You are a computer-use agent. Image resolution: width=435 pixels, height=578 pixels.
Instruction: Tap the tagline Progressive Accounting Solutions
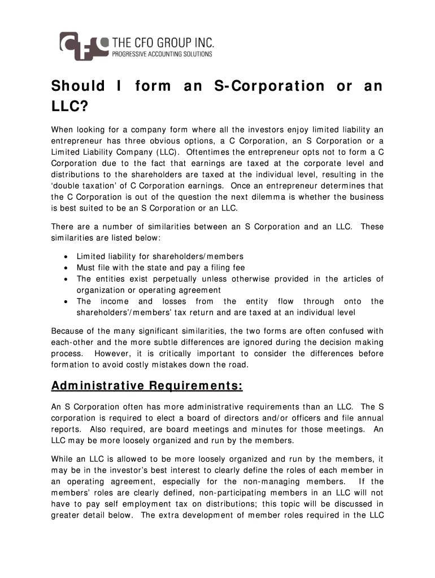pyautogui.click(x=162, y=54)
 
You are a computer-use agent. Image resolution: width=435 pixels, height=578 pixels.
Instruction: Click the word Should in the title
pyautogui.click(x=78, y=86)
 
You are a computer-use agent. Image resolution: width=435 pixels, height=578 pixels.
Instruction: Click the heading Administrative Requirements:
pyautogui.click(x=147, y=386)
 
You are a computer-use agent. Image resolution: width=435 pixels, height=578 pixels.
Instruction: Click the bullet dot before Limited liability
pyautogui.click(x=67, y=257)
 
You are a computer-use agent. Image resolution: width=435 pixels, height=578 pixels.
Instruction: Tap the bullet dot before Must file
pyautogui.click(x=67, y=268)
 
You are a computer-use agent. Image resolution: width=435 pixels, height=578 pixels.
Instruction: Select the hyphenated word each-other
pyautogui.click(x=73, y=342)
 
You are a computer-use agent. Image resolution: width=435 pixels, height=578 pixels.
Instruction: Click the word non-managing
pyautogui.click(x=262, y=481)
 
